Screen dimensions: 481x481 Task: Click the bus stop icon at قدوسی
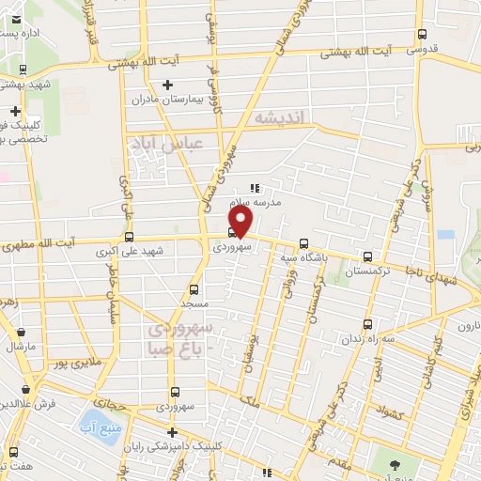point(421,36)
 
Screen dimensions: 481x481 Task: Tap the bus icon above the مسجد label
point(194,289)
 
